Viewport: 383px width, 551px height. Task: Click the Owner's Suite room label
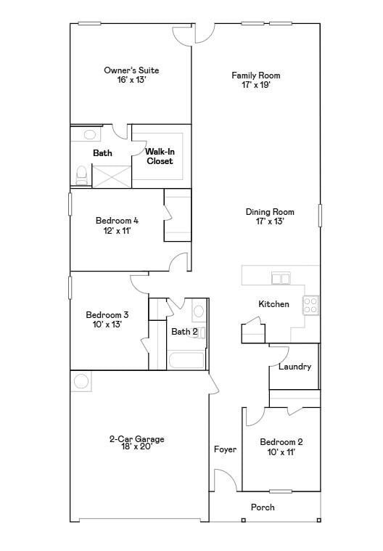point(131,75)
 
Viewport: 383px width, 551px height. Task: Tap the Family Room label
point(255,80)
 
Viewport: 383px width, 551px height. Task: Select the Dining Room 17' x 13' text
point(269,216)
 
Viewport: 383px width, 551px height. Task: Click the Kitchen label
point(273,304)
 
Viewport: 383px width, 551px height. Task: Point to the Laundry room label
point(295,367)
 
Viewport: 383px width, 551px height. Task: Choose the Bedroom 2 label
point(281,446)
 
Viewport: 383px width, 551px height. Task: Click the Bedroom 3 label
point(107,319)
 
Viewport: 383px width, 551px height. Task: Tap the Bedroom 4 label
point(117,225)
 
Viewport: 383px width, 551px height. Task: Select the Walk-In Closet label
point(160,156)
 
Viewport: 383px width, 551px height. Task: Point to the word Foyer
point(225,449)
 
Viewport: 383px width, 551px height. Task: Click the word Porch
point(263,507)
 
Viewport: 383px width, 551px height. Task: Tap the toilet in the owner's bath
point(82,174)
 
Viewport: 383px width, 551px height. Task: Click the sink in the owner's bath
point(90,134)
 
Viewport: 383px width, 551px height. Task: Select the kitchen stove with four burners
point(310,305)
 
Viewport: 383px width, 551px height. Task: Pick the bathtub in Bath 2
point(187,361)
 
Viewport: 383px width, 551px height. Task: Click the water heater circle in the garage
point(81,381)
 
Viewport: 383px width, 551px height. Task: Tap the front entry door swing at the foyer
point(225,480)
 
